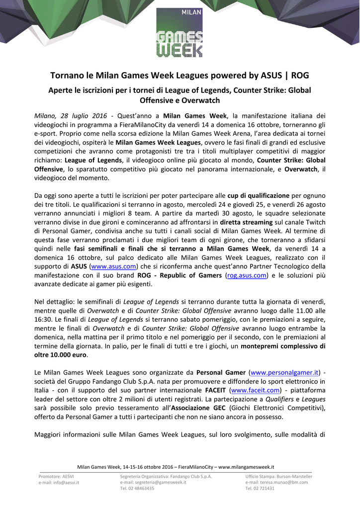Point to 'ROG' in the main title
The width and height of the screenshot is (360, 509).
click(x=300, y=76)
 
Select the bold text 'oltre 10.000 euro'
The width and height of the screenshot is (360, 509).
click(x=59, y=355)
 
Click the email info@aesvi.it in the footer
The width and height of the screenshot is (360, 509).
click(x=59, y=482)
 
